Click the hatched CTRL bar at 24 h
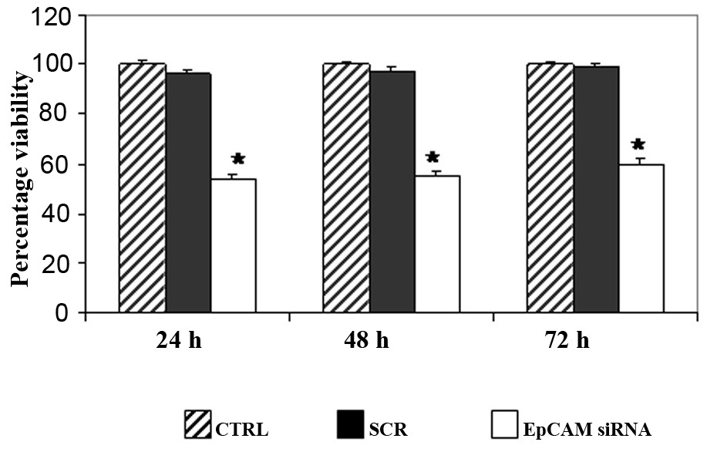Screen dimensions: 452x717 142,188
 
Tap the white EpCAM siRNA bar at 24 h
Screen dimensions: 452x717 234,246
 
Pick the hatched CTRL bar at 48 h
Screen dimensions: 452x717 346,188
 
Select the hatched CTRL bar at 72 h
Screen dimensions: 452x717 550,188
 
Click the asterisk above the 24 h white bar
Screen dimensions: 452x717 238,160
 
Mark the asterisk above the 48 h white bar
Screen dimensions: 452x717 433,160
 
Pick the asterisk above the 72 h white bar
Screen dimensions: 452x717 638,144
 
